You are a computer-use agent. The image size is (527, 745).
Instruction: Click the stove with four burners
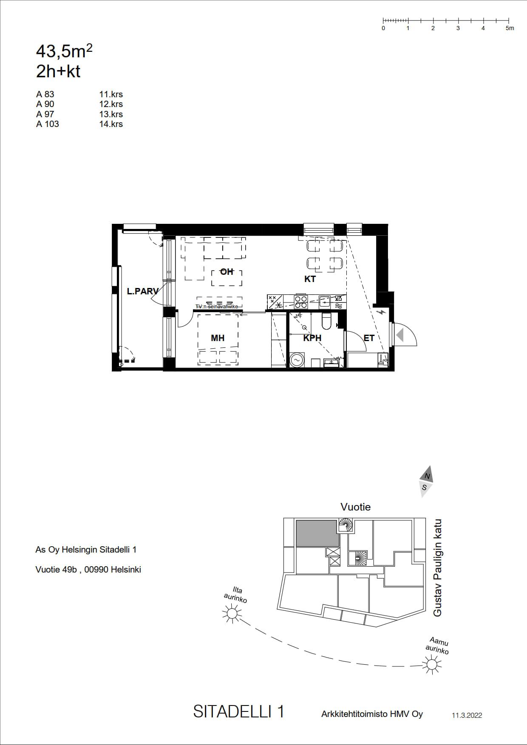click(x=301, y=302)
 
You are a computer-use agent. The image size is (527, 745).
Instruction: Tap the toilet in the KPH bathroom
click(x=327, y=322)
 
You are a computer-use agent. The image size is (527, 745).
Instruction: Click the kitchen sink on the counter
click(x=324, y=302)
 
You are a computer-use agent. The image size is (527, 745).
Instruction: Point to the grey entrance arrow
click(x=400, y=335)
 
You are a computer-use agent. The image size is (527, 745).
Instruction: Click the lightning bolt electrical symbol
click(x=382, y=312)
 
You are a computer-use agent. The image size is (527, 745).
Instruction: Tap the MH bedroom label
click(x=218, y=338)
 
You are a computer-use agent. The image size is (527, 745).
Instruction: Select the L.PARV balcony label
click(x=143, y=291)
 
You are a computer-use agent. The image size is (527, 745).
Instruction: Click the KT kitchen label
click(x=310, y=279)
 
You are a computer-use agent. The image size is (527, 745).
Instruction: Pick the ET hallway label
click(x=369, y=338)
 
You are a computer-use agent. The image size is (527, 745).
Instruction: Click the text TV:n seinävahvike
click(x=217, y=307)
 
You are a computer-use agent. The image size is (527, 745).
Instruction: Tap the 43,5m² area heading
click(x=64, y=51)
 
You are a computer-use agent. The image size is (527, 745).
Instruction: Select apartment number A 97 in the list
click(x=45, y=114)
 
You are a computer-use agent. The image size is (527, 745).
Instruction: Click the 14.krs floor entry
click(x=111, y=124)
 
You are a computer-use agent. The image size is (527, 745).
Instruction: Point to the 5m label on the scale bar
click(x=510, y=28)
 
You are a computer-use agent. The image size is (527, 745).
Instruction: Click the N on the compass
click(x=427, y=476)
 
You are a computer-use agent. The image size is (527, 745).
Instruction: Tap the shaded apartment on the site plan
click(x=317, y=533)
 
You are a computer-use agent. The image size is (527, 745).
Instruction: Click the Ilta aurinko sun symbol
click(x=232, y=613)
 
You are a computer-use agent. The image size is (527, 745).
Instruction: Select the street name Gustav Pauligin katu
click(x=437, y=568)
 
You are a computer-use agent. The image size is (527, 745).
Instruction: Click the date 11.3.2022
click(x=467, y=715)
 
